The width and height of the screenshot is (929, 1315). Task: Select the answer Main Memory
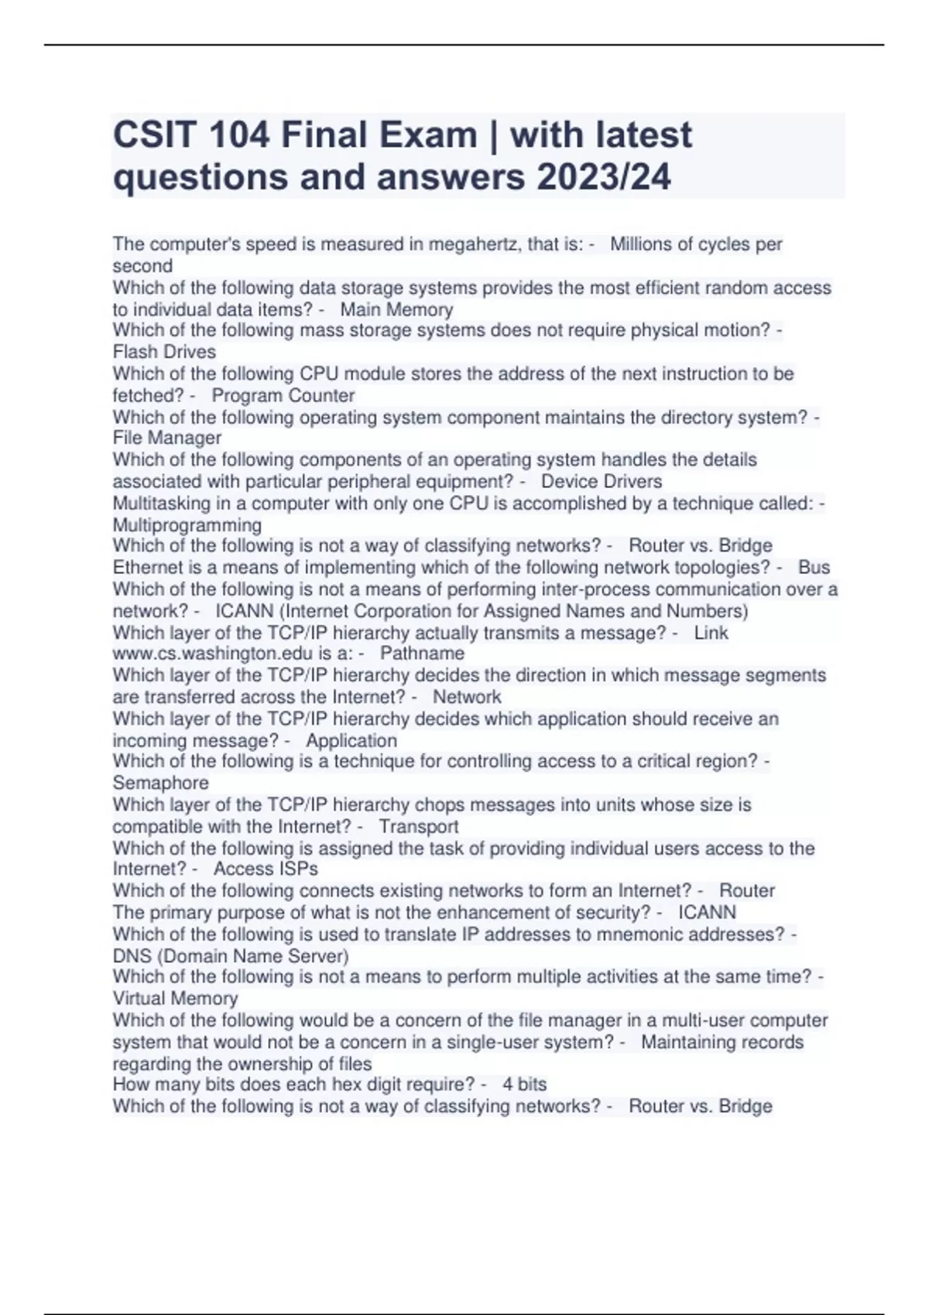[396, 310]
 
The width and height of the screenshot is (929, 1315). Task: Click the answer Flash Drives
[164, 352]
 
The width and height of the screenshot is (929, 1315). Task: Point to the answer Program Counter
[283, 395]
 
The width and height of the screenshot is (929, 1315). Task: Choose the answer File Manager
[167, 438]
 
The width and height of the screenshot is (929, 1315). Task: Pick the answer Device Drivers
[602, 481]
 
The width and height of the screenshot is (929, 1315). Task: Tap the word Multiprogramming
[187, 524]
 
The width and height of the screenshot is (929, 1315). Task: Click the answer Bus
[814, 567]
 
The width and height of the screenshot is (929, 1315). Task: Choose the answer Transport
[419, 826]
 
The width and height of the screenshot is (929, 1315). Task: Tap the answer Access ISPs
[266, 869]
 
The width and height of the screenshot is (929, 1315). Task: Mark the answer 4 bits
[524, 1084]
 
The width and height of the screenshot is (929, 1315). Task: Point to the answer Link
[711, 633]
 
